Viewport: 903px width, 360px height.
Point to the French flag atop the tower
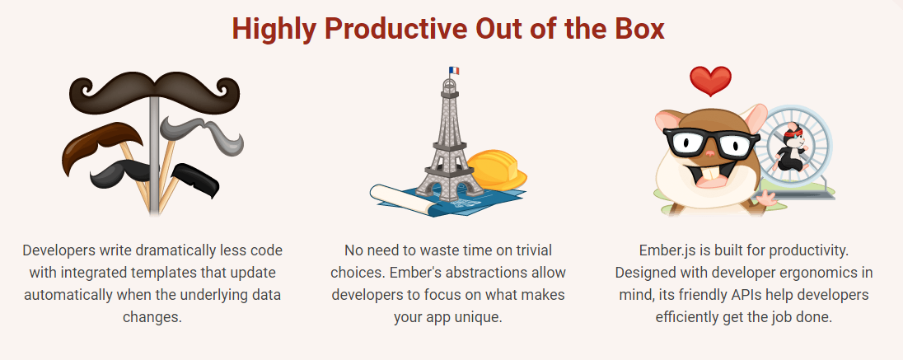point(454,71)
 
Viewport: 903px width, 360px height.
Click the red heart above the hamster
point(711,81)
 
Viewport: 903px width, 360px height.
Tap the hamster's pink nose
point(711,153)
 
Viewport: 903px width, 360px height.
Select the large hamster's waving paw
point(765,199)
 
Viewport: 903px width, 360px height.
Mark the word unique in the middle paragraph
point(481,317)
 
